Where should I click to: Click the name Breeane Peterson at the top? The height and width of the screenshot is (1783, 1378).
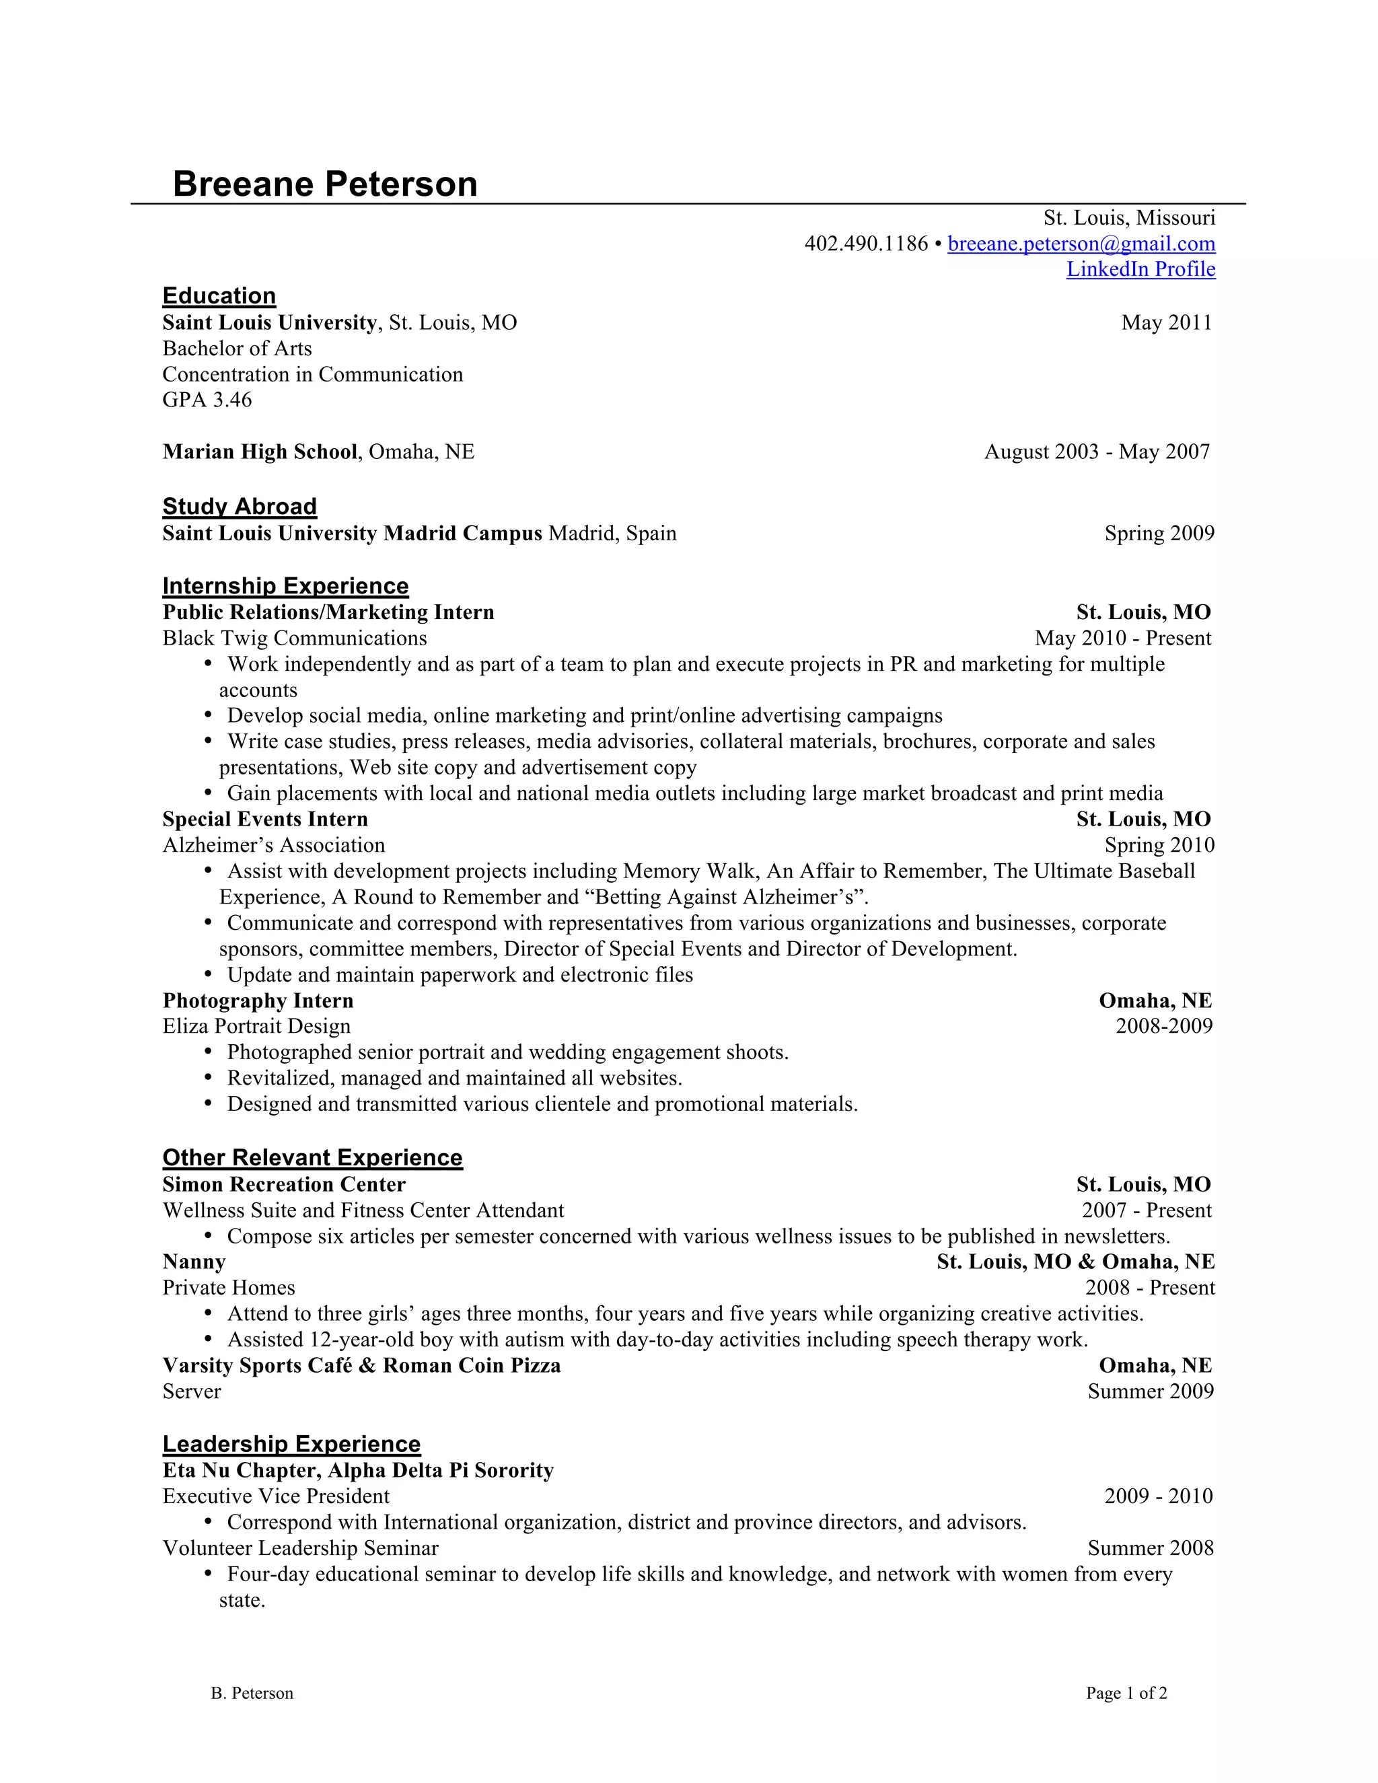click(325, 184)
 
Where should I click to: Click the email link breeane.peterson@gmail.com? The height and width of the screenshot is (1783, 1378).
click(1081, 244)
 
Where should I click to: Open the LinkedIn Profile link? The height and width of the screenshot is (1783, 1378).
click(1140, 269)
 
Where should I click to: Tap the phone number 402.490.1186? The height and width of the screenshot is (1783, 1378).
click(865, 244)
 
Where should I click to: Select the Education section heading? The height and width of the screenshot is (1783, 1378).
click(219, 295)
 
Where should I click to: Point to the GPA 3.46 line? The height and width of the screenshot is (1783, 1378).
click(207, 400)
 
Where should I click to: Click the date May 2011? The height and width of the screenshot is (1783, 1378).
click(1166, 322)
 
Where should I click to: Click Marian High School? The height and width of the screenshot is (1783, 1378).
click(260, 451)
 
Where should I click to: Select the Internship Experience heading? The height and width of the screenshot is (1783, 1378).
click(285, 586)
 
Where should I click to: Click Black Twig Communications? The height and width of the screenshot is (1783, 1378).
click(295, 639)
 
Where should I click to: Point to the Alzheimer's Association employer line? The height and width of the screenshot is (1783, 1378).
click(273, 845)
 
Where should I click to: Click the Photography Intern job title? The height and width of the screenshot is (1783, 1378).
click(258, 1001)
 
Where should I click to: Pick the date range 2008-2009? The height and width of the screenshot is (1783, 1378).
click(1164, 1026)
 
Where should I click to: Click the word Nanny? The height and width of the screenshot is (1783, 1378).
click(194, 1262)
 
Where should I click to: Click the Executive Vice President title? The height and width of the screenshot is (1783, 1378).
click(276, 1496)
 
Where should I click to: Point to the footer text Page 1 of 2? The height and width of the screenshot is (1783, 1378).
click(1126, 1694)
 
